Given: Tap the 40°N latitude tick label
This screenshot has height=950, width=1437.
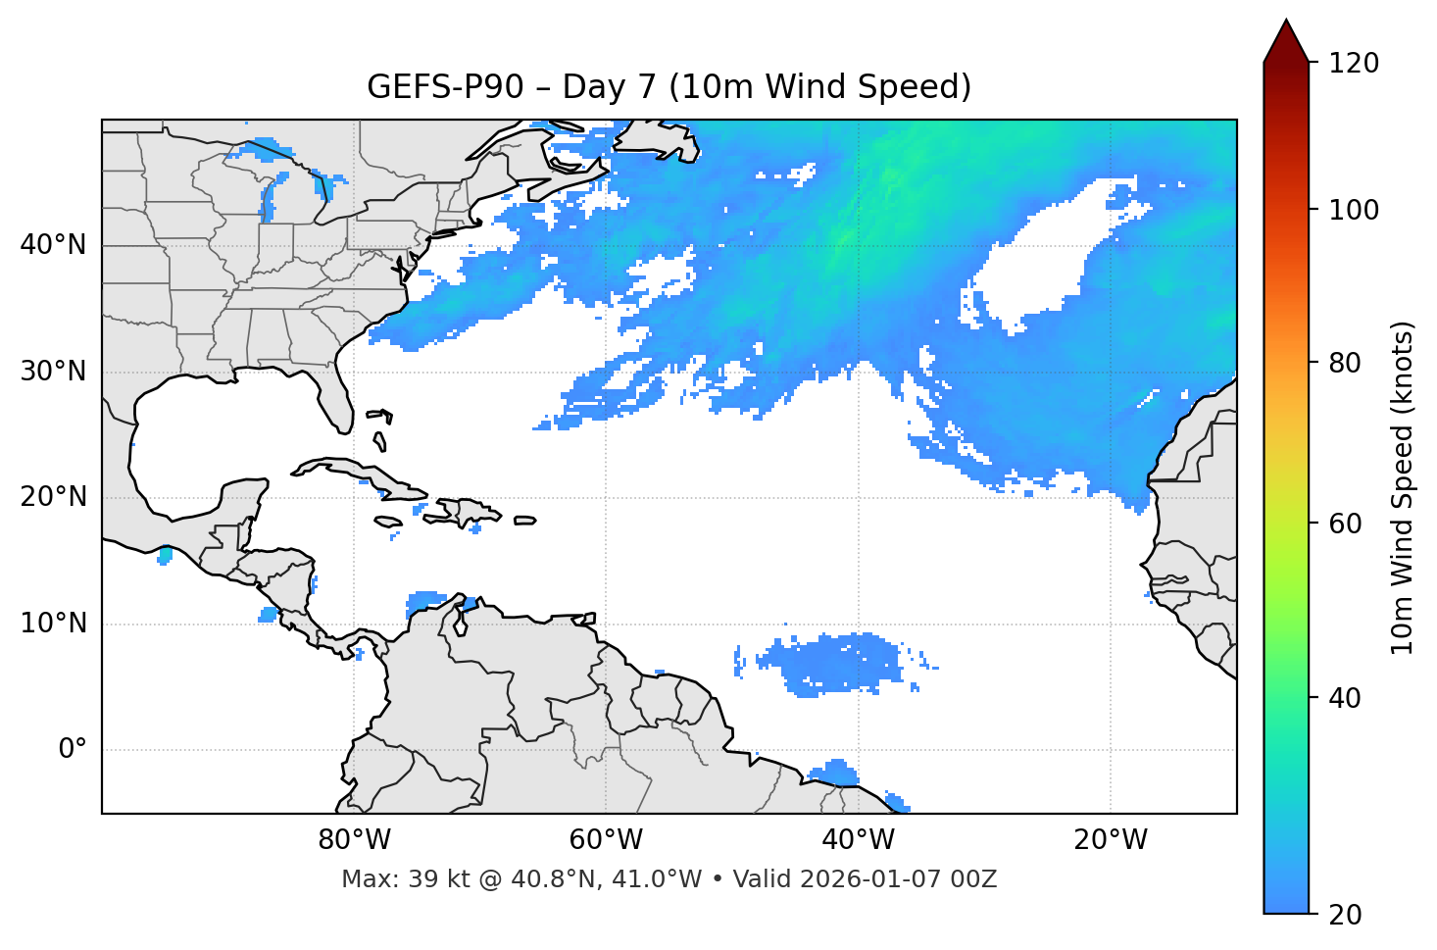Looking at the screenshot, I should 53,245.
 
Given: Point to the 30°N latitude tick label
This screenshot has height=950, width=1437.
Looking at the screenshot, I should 53,372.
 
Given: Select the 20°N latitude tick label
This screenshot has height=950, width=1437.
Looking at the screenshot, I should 53,497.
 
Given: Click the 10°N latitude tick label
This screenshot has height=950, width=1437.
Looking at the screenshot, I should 53,624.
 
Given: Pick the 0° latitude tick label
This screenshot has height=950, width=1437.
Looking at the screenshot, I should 73,750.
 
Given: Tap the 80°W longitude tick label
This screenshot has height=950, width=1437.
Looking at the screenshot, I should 354,840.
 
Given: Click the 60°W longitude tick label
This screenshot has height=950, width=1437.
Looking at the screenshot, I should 606,840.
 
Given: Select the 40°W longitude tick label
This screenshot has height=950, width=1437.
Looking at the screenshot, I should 858,840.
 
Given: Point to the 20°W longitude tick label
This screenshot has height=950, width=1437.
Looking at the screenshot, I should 1110,840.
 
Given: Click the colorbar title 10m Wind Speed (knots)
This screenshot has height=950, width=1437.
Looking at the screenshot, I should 1403,488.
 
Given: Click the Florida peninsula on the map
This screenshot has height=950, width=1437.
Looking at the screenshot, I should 333,397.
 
